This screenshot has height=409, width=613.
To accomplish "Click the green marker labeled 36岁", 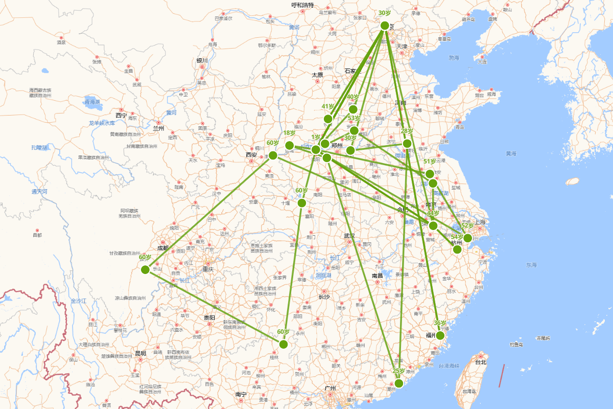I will pyautogui.click(x=440, y=335).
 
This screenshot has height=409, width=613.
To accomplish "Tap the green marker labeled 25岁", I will pyautogui.click(x=399, y=383).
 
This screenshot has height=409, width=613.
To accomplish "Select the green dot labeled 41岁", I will pyautogui.click(x=328, y=119).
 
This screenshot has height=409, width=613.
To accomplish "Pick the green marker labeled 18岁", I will pyautogui.click(x=289, y=145).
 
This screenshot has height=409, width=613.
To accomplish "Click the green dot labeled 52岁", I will pyautogui.click(x=467, y=238).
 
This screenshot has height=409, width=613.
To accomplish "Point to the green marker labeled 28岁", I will pyautogui.click(x=407, y=144).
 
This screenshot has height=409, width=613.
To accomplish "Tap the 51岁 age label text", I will pyautogui.click(x=430, y=162).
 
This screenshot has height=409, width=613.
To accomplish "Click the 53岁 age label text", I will pyautogui.click(x=354, y=119).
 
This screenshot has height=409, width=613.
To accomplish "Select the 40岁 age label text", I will pyautogui.click(x=353, y=97).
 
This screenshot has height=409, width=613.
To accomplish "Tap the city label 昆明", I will pyautogui.click(x=140, y=353).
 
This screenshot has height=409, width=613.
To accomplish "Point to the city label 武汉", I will pyautogui.click(x=349, y=236).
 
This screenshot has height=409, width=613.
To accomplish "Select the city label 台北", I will pyautogui.click(x=481, y=362).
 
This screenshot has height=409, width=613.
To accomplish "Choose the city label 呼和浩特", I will pyautogui.click(x=302, y=5).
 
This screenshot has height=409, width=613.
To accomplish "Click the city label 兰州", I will pyautogui.click(x=158, y=128).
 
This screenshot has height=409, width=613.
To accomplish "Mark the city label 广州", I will pyautogui.click(x=330, y=389).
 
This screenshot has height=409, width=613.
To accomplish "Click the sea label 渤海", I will pyautogui.click(x=454, y=58).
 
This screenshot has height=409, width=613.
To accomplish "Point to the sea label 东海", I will pyautogui.click(x=531, y=265).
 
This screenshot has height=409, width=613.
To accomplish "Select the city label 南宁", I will pyautogui.click(x=241, y=394).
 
